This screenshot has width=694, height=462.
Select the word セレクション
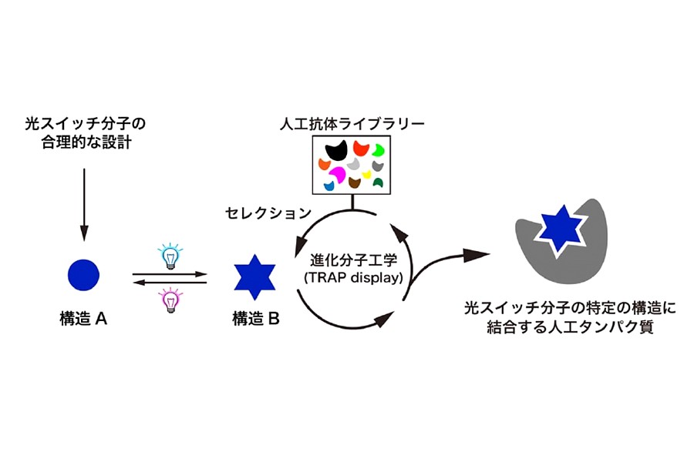[268, 212]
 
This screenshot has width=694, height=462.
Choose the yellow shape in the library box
[368, 175]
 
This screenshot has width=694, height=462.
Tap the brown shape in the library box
[355, 182]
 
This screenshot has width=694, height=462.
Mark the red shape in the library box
[361, 148]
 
